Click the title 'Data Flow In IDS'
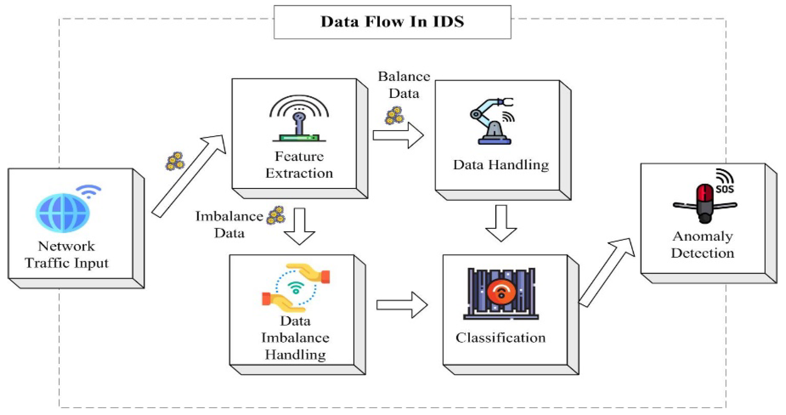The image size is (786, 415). click(392, 22)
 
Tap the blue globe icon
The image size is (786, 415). click(63, 213)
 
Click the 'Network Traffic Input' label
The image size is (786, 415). click(66, 255)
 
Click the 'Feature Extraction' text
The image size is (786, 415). click(299, 165)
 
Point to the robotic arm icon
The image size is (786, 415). click(492, 122)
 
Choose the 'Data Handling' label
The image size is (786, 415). click(501, 165)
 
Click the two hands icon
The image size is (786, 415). click(296, 288)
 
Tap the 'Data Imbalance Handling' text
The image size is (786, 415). click(295, 338)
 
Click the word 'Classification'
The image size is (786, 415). click(500, 338)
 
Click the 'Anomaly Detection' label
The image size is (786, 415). click(702, 245)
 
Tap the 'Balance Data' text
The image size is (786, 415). click(404, 85)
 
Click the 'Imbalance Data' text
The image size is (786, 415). click(229, 225)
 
